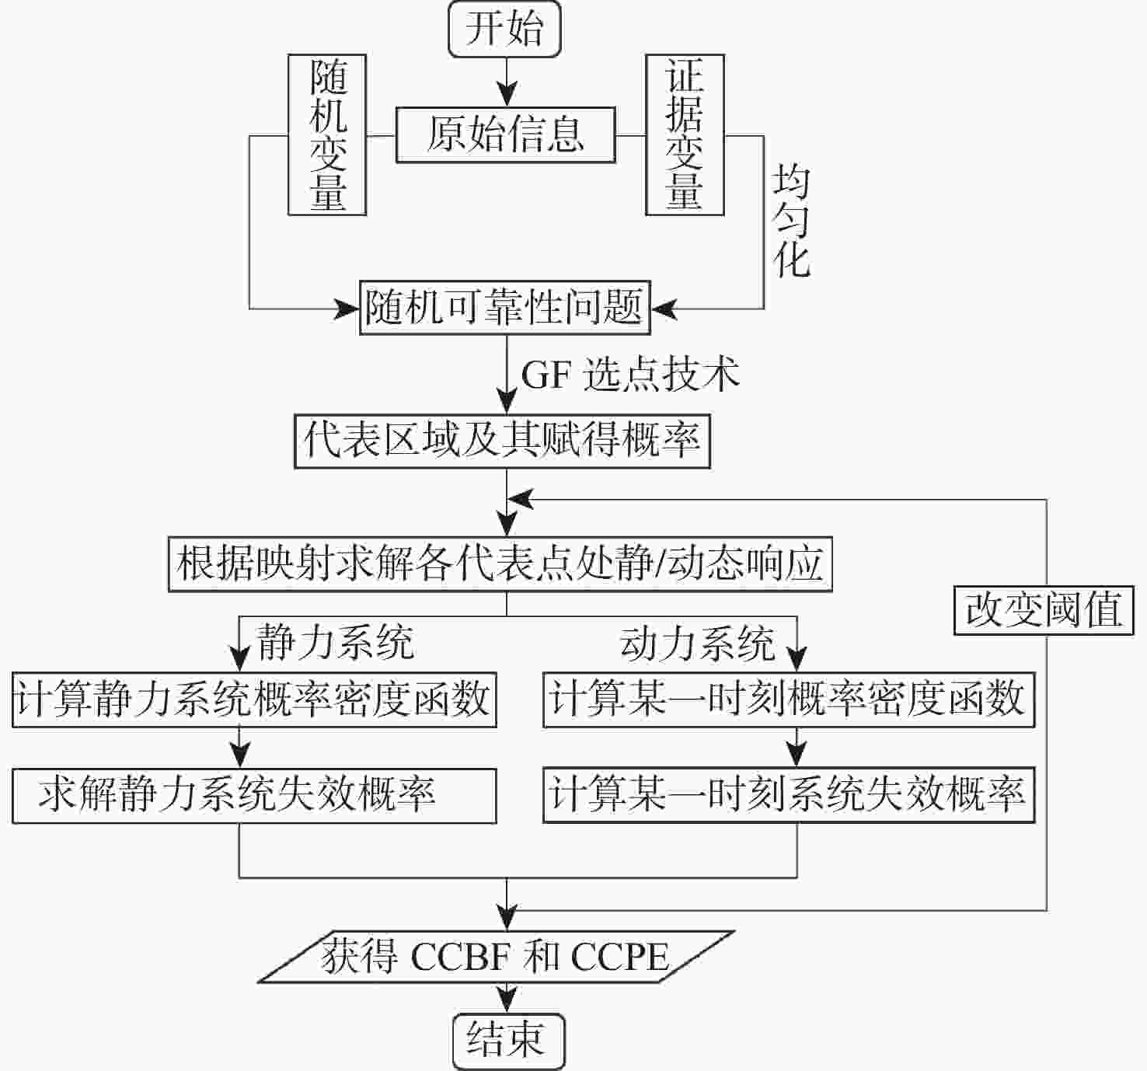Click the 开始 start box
point(505,30)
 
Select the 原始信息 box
point(505,135)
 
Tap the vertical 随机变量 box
point(327,134)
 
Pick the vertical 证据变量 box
point(685,134)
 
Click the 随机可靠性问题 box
point(504,308)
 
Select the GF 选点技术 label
point(629,375)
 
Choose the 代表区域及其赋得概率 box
point(502,441)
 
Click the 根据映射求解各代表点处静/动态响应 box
point(500,563)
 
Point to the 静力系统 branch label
point(335,644)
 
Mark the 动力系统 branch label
point(697,644)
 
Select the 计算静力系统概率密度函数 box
point(254,700)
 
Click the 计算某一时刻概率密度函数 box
point(788,700)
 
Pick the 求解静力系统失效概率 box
point(254,796)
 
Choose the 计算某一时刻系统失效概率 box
point(788,796)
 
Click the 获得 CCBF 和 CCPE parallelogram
point(497,957)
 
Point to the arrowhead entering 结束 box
point(507,1002)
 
